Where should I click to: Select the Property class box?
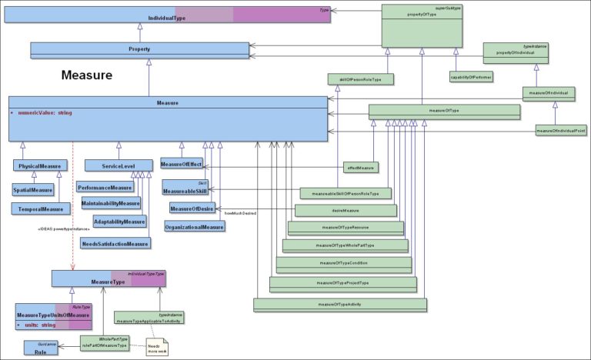(x=139, y=49)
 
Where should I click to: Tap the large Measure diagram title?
(x=87, y=75)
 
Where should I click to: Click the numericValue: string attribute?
(x=43, y=114)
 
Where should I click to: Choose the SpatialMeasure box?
(x=33, y=189)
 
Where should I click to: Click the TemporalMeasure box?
(x=41, y=208)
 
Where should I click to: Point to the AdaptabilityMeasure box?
(x=119, y=222)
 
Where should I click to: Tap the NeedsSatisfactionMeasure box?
(x=115, y=244)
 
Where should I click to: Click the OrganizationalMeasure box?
(x=194, y=227)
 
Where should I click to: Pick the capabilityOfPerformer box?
(x=471, y=77)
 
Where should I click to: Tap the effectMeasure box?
(x=360, y=167)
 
